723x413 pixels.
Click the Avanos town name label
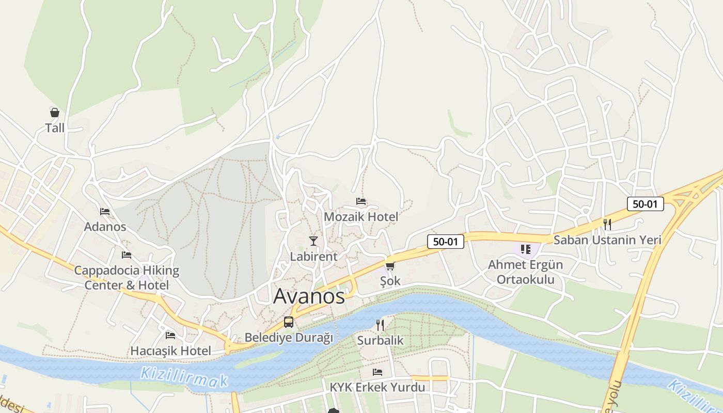[x=309, y=296]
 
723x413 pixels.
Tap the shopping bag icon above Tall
[x=54, y=113]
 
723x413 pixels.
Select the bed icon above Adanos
[x=105, y=212]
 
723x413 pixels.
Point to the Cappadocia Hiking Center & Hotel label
[x=127, y=278]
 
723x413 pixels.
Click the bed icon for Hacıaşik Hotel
[x=170, y=336]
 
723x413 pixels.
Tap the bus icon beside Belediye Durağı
[x=289, y=322]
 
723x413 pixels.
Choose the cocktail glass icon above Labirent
[x=313, y=241]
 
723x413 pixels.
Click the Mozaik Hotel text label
[x=361, y=217]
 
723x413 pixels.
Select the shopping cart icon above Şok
[x=390, y=266]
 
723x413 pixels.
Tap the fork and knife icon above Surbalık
[x=380, y=325]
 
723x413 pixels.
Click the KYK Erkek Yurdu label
[x=378, y=387]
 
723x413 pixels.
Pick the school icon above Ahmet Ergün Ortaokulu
[x=526, y=250]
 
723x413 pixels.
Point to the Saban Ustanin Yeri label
[x=607, y=240]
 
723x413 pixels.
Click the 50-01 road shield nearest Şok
[x=445, y=241]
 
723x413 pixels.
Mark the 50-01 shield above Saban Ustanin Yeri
[x=645, y=204]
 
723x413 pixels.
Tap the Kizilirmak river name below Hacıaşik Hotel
[x=184, y=376]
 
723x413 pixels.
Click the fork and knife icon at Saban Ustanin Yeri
[x=607, y=225]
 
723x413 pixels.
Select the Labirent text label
[x=313, y=257]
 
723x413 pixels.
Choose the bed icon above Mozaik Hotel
[x=361, y=201]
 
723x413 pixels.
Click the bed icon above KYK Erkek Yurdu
[x=378, y=372]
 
